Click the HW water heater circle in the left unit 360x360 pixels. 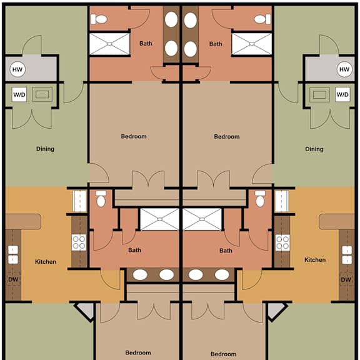17,69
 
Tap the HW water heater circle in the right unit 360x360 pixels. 344,69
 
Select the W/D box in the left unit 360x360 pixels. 19,94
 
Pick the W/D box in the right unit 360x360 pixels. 342,94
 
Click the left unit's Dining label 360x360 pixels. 45,149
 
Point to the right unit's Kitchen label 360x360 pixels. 315,259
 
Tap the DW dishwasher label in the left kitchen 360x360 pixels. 13,279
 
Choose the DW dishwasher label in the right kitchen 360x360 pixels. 346,279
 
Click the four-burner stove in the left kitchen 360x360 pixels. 79,242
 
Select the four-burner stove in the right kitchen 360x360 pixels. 282,242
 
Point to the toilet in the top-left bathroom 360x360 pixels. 99,19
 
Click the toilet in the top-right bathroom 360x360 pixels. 262,19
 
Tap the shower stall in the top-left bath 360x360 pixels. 109,44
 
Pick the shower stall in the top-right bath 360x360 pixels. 252,44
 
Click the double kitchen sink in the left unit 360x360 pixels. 13,254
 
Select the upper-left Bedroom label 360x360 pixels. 134,136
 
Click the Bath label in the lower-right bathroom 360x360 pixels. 226,251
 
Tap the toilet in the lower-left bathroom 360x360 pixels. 101,199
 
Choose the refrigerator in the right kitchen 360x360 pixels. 282,201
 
